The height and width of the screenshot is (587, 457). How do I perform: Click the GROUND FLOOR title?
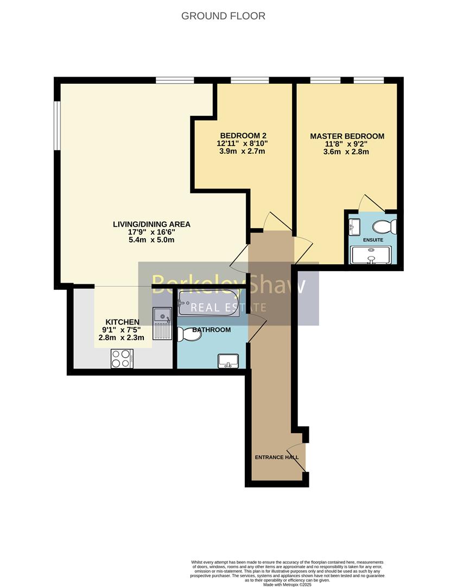tap(223, 16)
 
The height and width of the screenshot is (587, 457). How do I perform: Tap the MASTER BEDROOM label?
tap(347, 136)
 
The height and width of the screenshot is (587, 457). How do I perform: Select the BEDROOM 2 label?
tap(243, 136)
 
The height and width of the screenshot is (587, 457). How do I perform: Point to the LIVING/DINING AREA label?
tap(151, 224)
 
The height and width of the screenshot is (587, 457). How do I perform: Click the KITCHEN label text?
tap(122, 322)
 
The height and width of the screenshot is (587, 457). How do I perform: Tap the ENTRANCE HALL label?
tap(277, 457)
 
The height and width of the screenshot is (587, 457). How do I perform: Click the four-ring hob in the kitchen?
tap(122, 358)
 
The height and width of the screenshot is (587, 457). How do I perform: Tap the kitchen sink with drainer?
tap(162, 323)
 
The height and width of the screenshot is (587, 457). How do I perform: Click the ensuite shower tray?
tap(373, 255)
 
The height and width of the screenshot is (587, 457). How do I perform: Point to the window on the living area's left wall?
tap(57, 124)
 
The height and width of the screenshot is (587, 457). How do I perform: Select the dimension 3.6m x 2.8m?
tap(347, 152)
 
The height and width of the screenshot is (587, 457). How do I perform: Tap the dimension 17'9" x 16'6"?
tap(151, 232)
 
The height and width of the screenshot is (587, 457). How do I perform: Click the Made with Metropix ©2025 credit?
tap(287, 584)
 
